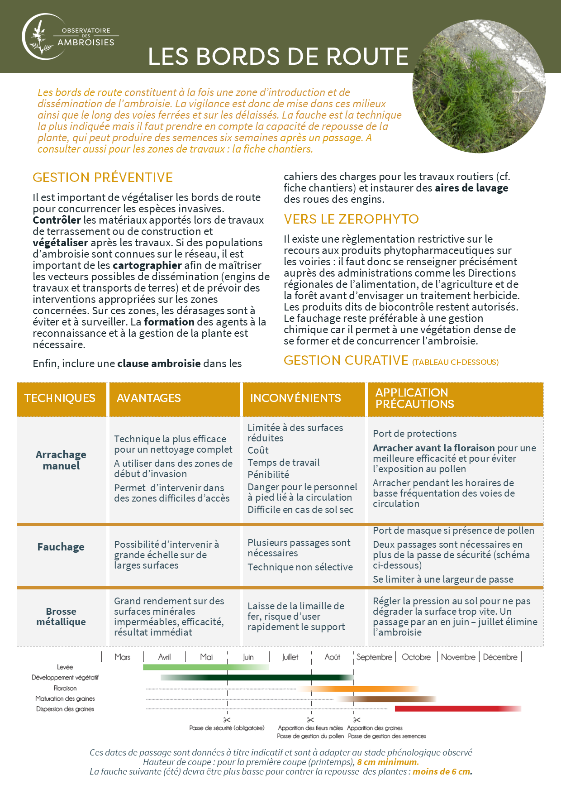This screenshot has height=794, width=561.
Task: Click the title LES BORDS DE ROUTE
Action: (x=278, y=57)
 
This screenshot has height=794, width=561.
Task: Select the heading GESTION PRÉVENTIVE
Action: (x=103, y=177)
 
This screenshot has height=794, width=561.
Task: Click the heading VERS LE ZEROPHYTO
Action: (x=351, y=219)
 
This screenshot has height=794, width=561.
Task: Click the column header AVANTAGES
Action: (x=148, y=398)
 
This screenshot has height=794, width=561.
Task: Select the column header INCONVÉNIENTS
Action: (x=295, y=398)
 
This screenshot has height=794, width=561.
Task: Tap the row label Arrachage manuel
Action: (x=61, y=460)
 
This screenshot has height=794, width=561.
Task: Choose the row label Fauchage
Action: (x=61, y=547)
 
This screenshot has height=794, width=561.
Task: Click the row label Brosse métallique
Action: (x=61, y=617)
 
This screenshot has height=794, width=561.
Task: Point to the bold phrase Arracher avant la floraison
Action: (x=433, y=448)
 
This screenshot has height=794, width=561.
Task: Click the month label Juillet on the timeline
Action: (x=290, y=657)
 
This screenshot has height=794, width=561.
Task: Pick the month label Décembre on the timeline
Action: (x=500, y=657)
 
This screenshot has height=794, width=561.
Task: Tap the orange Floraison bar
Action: (x=357, y=689)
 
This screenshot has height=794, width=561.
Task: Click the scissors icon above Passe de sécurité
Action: (x=227, y=720)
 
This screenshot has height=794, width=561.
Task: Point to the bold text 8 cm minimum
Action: (x=388, y=762)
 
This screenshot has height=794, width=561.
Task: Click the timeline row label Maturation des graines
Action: (x=65, y=698)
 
